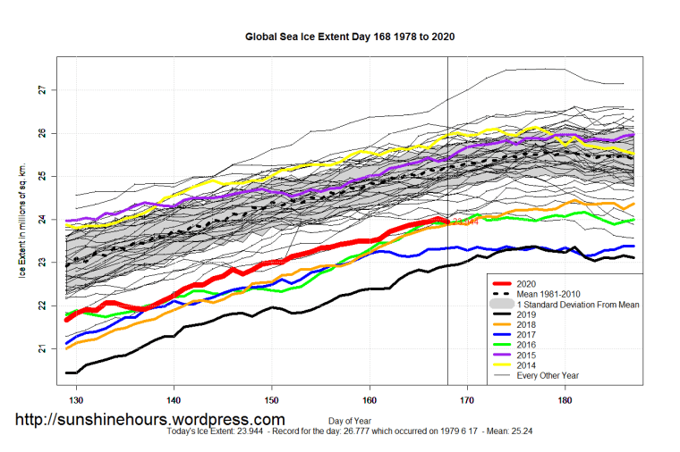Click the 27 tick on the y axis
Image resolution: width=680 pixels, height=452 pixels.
tap(42, 90)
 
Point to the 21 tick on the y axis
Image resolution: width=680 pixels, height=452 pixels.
tap(42, 348)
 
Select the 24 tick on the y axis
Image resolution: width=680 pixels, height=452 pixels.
tap(42, 220)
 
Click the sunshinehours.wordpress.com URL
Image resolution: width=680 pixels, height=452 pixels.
tap(149, 419)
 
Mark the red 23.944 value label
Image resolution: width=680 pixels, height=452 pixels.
tap(464, 222)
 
